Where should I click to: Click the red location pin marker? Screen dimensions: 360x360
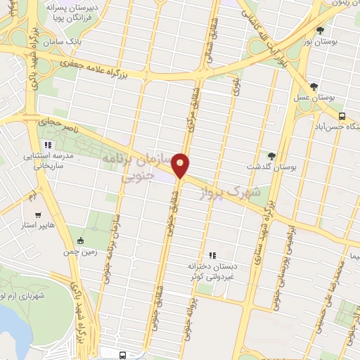(181, 165)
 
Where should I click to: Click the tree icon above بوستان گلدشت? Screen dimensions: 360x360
(272, 155)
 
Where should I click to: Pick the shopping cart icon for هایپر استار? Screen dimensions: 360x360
(38, 215)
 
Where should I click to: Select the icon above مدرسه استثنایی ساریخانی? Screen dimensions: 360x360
(49, 146)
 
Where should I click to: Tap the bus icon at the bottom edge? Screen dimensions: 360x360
(124, 355)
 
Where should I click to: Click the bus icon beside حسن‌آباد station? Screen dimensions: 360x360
(342, 116)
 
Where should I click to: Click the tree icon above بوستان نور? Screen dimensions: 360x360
(321, 30)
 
